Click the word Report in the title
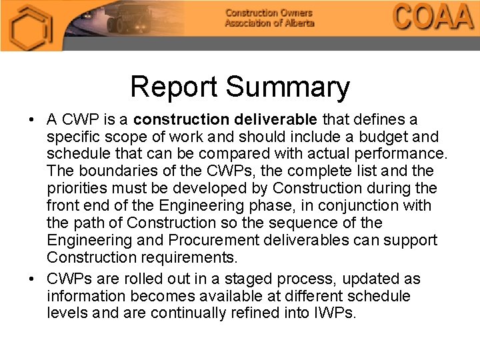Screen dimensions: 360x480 (174, 87)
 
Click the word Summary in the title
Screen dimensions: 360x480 (287, 88)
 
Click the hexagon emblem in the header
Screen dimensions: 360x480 (31, 27)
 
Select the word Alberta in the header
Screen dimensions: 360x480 (295, 23)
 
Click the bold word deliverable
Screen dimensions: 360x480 (275, 119)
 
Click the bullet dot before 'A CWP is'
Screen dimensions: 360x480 (31, 120)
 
